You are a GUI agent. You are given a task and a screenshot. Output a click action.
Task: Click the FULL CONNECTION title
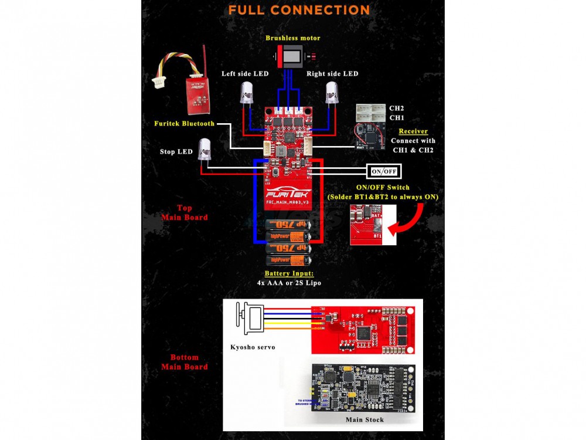[299, 11]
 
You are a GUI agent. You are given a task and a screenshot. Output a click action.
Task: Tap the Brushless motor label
[293, 38]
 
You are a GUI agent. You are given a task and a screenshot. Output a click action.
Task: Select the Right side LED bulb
[332, 93]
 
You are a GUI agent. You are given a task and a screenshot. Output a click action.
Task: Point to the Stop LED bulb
[205, 150]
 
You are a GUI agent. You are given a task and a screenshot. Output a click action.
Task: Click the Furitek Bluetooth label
[184, 124]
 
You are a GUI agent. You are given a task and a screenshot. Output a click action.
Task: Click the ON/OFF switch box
[384, 171]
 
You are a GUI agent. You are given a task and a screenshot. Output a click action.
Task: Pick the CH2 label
[397, 109]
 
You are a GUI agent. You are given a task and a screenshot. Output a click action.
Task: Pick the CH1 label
[397, 118]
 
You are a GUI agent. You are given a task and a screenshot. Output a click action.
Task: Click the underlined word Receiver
[413, 131]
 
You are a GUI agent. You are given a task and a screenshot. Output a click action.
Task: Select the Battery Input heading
[289, 274]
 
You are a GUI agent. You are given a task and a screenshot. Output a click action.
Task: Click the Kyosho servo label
[253, 347]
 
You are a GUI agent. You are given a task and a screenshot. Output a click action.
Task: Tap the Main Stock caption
[365, 419]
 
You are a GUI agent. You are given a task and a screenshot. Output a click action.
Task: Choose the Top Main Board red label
[185, 212]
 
